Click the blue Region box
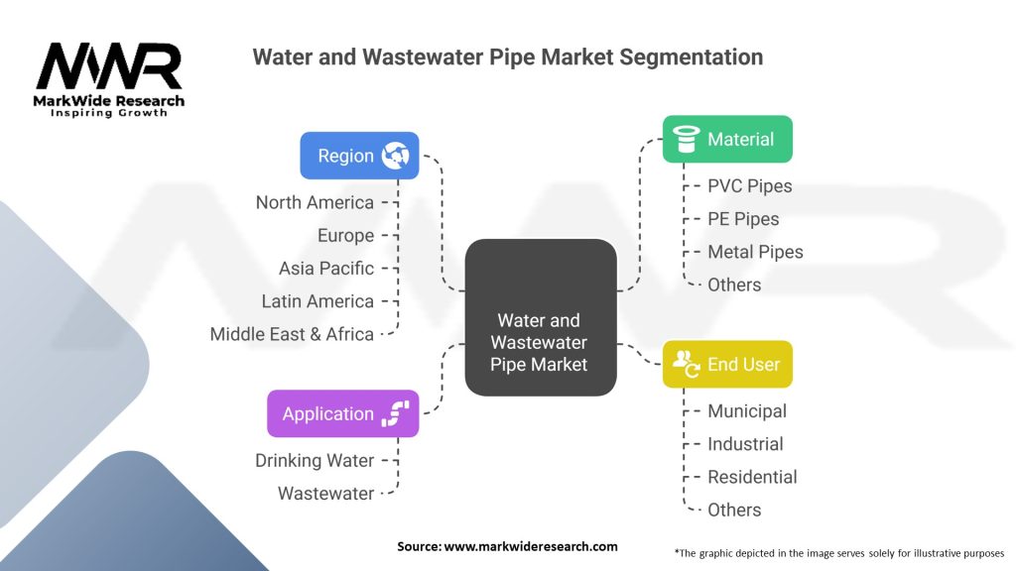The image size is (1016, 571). pyautogui.click(x=359, y=156)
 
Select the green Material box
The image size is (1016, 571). pyautogui.click(x=727, y=139)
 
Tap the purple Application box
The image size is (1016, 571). pyautogui.click(x=342, y=413)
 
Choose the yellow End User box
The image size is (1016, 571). pyautogui.click(x=727, y=364)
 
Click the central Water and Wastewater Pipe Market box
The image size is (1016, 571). pyautogui.click(x=541, y=317)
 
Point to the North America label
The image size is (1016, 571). pyautogui.click(x=315, y=202)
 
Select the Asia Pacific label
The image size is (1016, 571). pyautogui.click(x=326, y=268)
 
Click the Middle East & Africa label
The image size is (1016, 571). pyautogui.click(x=292, y=334)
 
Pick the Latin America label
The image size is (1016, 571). pyautogui.click(x=317, y=301)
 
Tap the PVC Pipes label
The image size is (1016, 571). pyautogui.click(x=749, y=185)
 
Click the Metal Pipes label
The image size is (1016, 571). pyautogui.click(x=755, y=252)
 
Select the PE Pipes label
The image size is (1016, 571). pyautogui.click(x=743, y=219)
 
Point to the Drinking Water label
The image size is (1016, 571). pyautogui.click(x=315, y=460)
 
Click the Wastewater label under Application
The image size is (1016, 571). pyautogui.click(x=325, y=493)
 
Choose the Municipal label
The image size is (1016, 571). pyautogui.click(x=746, y=410)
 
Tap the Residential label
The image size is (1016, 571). pyautogui.click(x=752, y=477)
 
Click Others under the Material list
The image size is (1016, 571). pyautogui.click(x=734, y=285)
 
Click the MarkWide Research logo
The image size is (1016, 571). pyautogui.click(x=109, y=79)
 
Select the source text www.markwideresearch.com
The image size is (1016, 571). pyautogui.click(x=507, y=546)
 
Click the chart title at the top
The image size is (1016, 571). pyautogui.click(x=507, y=57)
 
